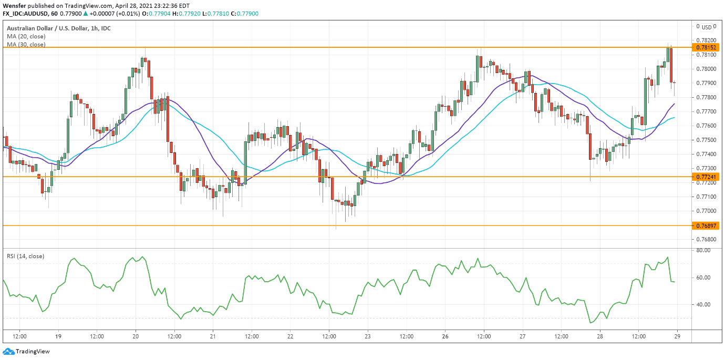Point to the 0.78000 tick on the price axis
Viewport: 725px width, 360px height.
click(x=705, y=69)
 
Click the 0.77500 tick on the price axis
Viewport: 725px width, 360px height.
click(x=705, y=140)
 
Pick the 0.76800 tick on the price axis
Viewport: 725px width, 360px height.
click(x=705, y=239)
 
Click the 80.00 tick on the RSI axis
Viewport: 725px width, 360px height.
click(x=703, y=251)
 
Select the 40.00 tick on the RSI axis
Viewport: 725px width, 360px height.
click(x=703, y=305)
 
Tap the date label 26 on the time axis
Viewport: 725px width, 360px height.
click(x=444, y=336)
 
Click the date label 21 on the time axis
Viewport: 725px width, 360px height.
click(x=213, y=336)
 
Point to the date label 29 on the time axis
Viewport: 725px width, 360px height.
click(x=677, y=336)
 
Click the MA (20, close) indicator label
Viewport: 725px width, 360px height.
click(x=26, y=36)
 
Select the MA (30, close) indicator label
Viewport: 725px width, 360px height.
click(x=26, y=45)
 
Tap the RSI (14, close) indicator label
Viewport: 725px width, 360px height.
click(x=25, y=256)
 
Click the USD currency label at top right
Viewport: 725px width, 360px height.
click(x=707, y=27)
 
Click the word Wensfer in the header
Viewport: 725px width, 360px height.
click(x=13, y=5)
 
